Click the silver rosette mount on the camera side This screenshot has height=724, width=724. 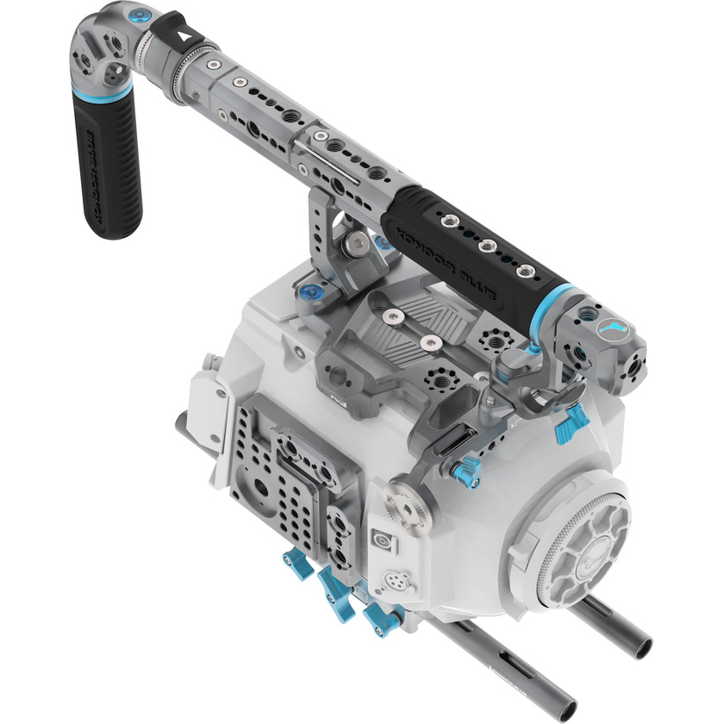point(404,501)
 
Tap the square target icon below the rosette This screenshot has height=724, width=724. point(377,540)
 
